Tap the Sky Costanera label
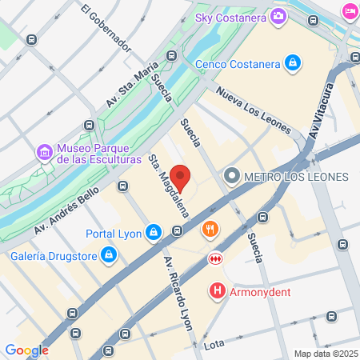click(x=232, y=15)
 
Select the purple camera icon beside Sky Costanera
click(x=278, y=15)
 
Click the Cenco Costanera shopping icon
click(x=294, y=62)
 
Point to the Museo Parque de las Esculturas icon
click(x=45, y=151)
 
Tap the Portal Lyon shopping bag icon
click(x=154, y=234)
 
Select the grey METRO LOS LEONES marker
click(x=233, y=175)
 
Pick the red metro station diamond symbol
click(x=214, y=258)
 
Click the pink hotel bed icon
click(x=350, y=10)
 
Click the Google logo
click(x=26, y=350)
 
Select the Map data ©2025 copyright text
click(x=324, y=354)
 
